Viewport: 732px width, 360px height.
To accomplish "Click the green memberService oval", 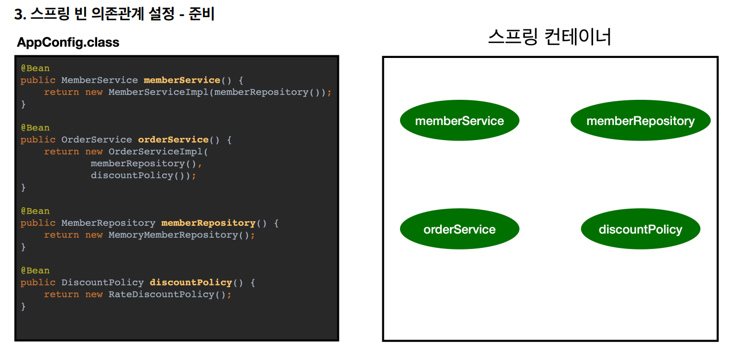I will (x=459, y=121).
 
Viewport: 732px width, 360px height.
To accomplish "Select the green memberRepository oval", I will (x=640, y=121).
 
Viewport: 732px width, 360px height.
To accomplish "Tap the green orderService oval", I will (x=459, y=229).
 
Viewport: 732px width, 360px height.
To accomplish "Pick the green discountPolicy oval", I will (x=640, y=229).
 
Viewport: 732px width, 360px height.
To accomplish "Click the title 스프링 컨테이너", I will (x=550, y=37).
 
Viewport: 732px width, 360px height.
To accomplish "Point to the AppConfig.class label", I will (x=68, y=42).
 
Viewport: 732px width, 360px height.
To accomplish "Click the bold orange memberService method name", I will (x=182, y=80).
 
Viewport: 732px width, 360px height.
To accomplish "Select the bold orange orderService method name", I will (x=173, y=139).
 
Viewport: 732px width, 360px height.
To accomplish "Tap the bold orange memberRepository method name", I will (x=208, y=223).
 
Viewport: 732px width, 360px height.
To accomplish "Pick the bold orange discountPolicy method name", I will (x=190, y=282).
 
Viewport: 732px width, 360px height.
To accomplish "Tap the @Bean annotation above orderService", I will (x=35, y=128).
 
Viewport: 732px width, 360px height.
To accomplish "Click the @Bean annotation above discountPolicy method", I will (x=35, y=270).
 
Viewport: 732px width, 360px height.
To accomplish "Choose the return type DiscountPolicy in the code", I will (x=102, y=282).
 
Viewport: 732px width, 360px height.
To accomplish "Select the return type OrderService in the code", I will (x=97, y=139).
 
